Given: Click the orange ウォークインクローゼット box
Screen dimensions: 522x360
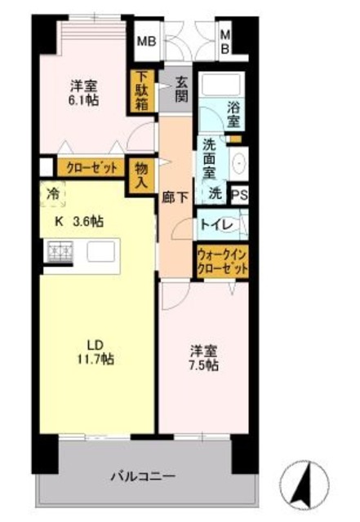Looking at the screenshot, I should (x=220, y=262).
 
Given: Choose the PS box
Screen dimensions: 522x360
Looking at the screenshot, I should (x=239, y=195).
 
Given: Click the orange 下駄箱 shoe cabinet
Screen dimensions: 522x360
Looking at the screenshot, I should (x=142, y=92).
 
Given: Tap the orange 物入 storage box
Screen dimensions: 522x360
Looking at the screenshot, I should (x=142, y=174).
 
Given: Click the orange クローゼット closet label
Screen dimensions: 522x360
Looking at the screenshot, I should (x=87, y=167).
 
